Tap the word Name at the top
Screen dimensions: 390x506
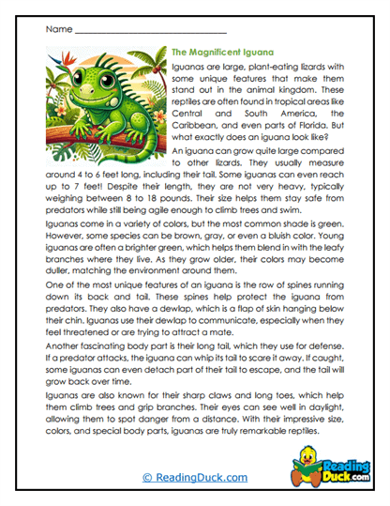(57, 28)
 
